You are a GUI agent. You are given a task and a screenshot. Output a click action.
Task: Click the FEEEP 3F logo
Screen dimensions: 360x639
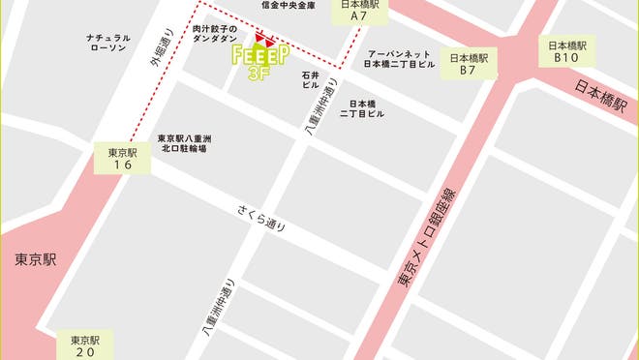click(261, 58)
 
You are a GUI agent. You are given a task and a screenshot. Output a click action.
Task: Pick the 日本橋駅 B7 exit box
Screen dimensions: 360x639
click(468, 64)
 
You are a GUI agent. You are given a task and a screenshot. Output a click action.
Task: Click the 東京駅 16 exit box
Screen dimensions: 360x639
click(123, 159)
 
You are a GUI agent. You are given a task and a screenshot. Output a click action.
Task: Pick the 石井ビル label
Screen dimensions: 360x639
click(310, 79)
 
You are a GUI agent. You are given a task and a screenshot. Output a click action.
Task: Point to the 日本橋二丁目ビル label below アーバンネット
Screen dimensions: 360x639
click(362, 108)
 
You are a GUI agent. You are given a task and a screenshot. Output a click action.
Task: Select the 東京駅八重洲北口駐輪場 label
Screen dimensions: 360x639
click(185, 144)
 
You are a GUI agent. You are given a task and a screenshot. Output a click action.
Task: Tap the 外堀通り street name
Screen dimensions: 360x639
click(160, 48)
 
